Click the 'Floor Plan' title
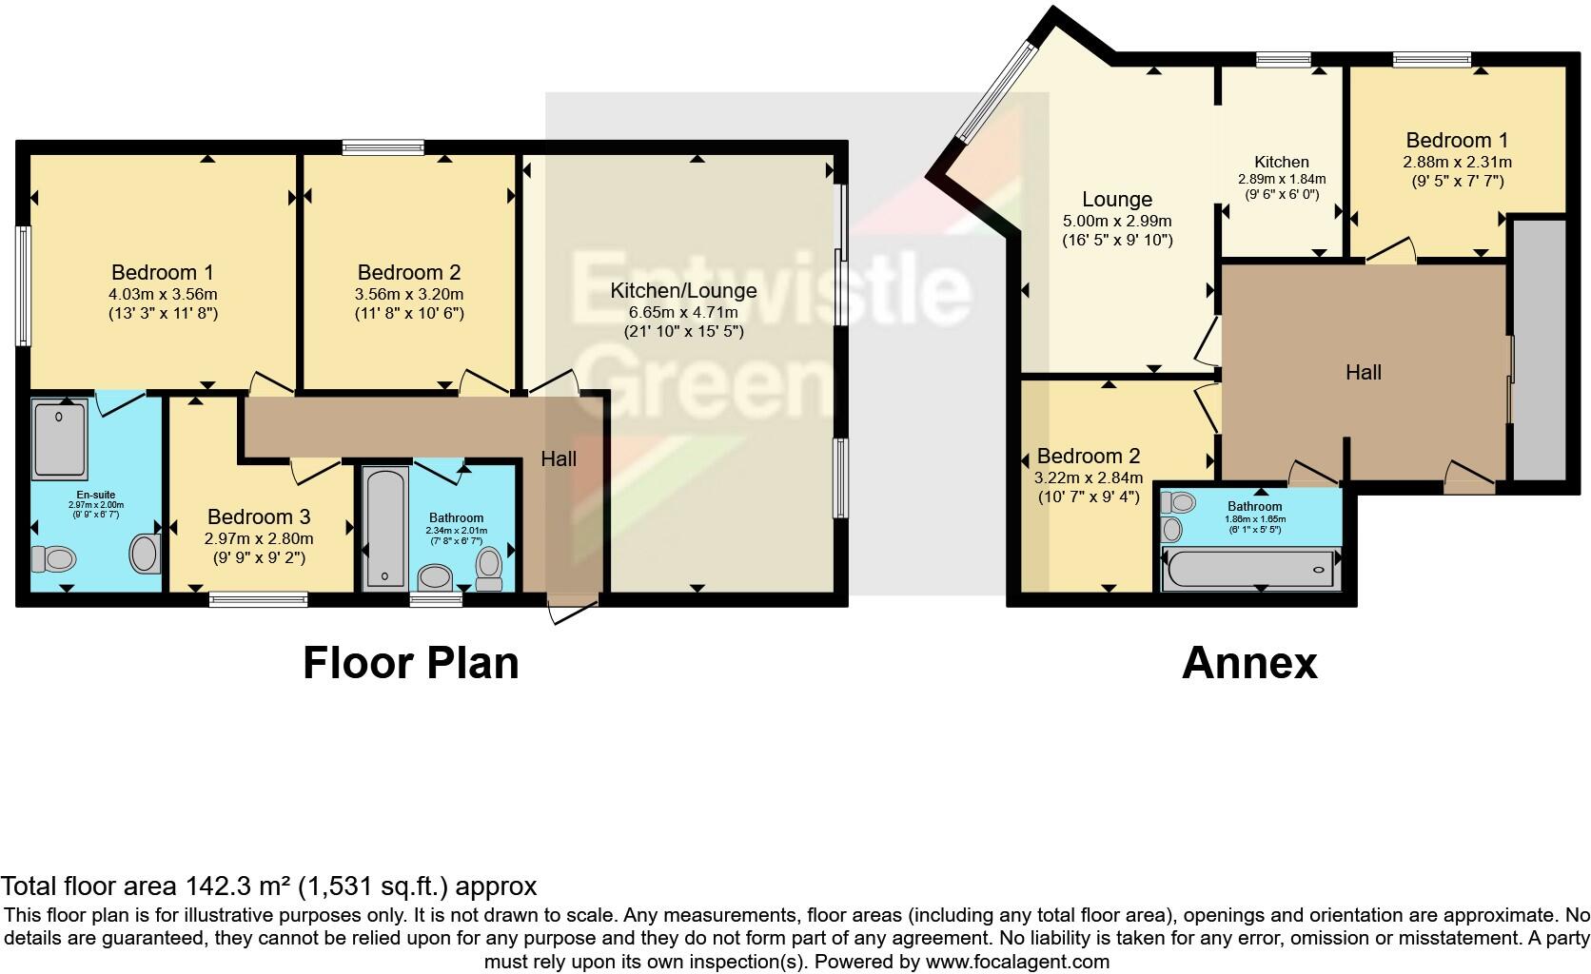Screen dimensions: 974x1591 coord(411,663)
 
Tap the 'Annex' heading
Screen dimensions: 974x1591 coord(1249,663)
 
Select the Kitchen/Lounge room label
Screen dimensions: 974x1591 coord(683,291)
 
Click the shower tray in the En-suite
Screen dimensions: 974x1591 coord(60,438)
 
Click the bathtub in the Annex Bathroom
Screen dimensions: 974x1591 coord(1250,569)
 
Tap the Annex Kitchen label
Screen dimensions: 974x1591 coord(1281,162)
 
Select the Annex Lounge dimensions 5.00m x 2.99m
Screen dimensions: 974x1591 coord(1117,221)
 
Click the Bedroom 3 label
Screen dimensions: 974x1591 coord(259,516)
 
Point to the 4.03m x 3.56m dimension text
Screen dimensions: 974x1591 coord(163,294)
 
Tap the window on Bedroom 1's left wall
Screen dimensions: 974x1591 coord(23,285)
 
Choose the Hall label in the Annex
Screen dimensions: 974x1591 coord(1363,372)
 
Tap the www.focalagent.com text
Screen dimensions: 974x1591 coord(1017,962)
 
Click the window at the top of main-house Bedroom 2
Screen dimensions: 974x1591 coord(383,146)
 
